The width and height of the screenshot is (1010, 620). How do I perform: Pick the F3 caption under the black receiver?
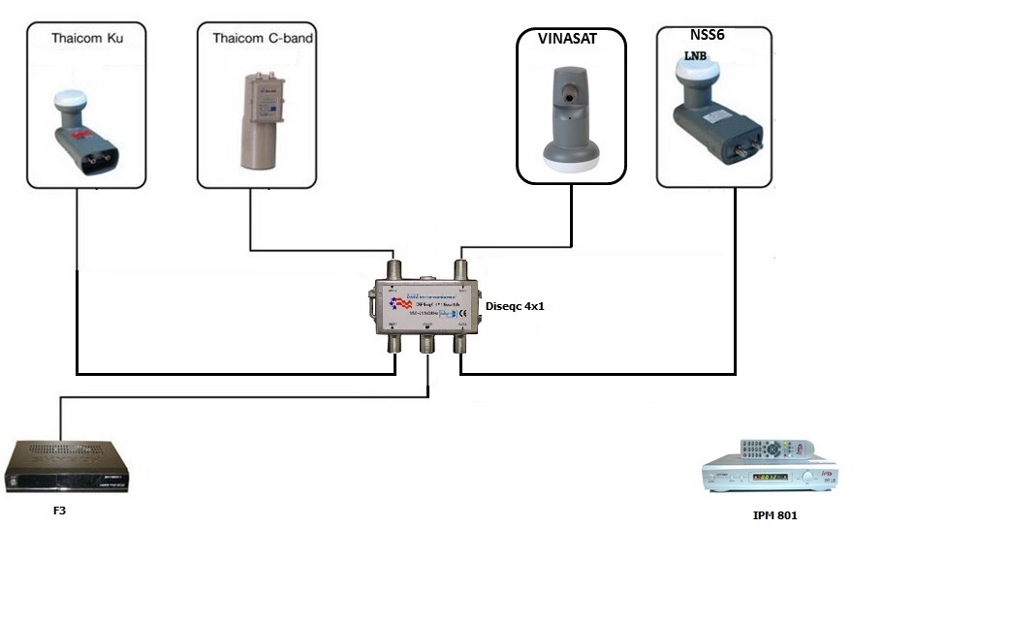click(x=59, y=511)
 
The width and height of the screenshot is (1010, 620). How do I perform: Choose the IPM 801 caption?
click(x=774, y=515)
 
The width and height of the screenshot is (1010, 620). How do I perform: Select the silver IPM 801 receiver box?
click(x=769, y=478)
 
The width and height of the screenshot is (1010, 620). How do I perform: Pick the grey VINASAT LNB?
click(x=570, y=116)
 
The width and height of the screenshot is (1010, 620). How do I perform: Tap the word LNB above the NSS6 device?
click(x=697, y=56)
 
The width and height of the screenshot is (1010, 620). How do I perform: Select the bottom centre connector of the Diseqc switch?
click(x=427, y=345)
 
